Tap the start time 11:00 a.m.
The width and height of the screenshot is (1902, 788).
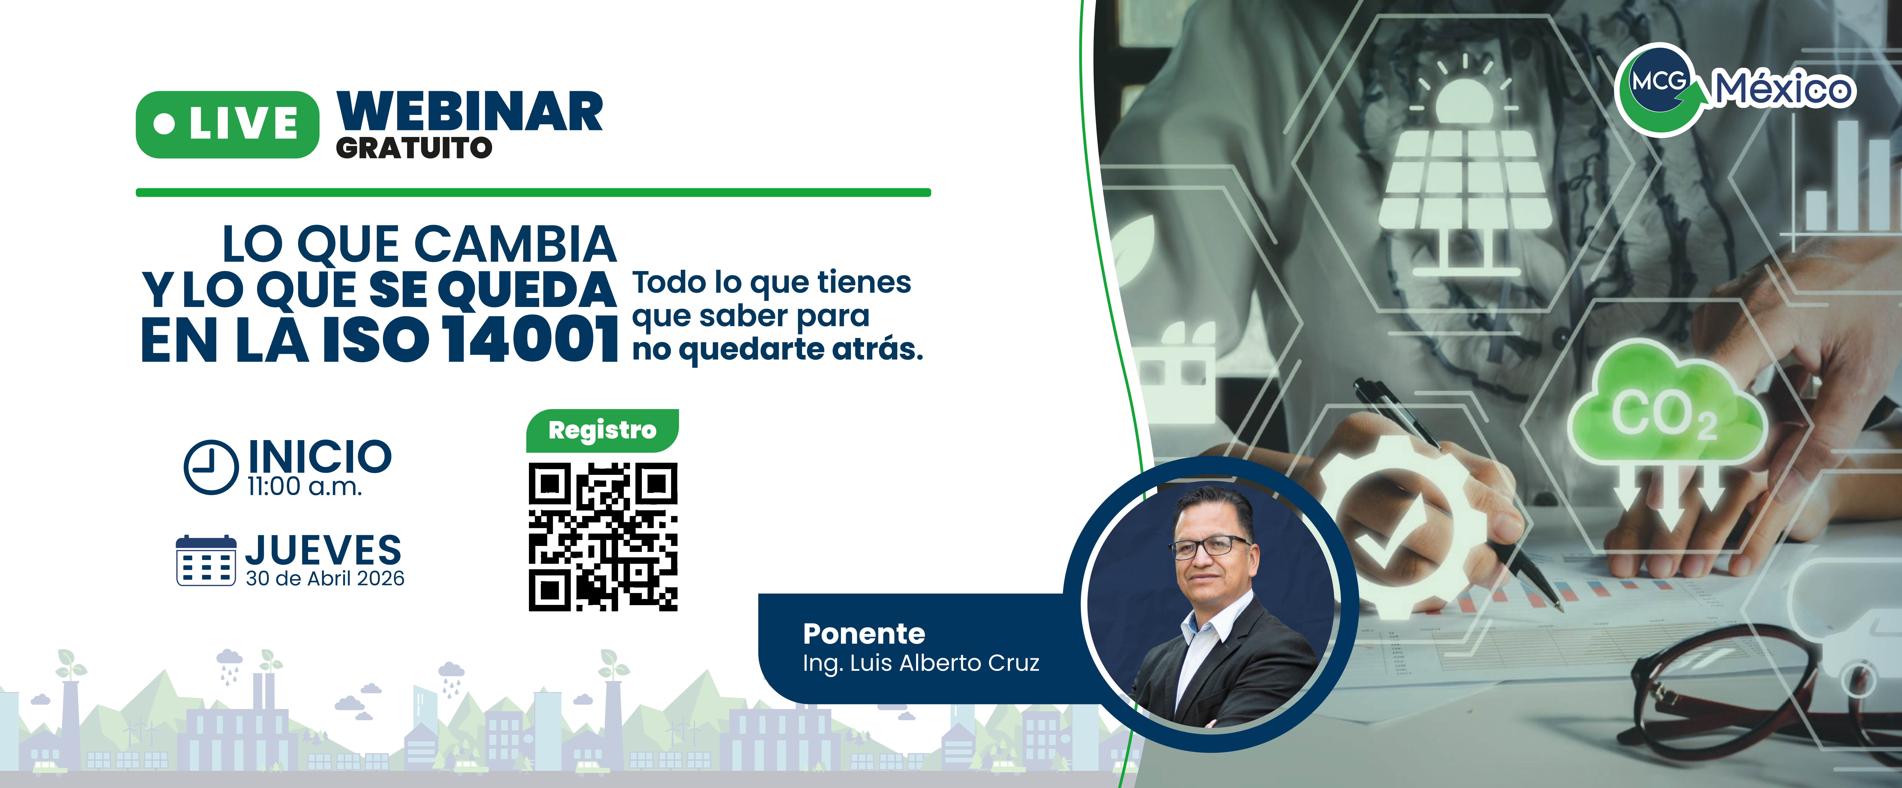[304, 487]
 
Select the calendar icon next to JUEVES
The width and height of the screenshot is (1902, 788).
[206, 560]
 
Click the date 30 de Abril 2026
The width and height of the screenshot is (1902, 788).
[325, 578]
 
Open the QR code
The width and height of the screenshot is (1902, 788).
[602, 537]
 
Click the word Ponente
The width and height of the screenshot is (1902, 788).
[864, 634]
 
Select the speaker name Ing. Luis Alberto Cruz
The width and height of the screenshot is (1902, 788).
[921, 663]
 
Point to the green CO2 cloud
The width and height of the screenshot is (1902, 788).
[1667, 409]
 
